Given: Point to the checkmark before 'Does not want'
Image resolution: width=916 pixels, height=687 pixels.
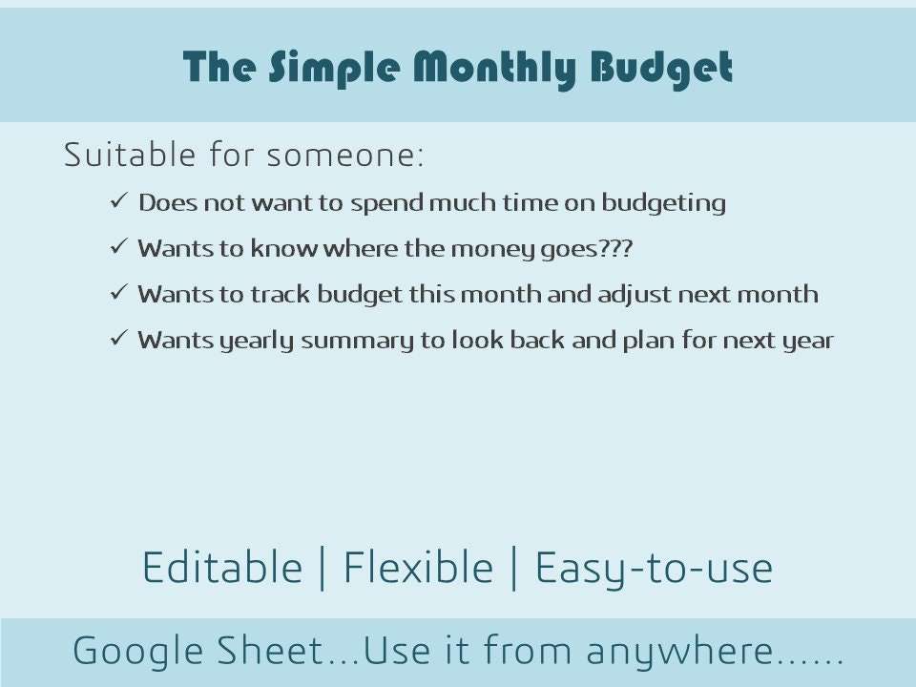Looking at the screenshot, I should click(119, 201).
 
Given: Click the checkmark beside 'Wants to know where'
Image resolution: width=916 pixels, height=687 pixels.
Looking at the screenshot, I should click(119, 247).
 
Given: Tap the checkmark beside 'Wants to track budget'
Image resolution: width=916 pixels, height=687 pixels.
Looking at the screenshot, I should click(119, 293).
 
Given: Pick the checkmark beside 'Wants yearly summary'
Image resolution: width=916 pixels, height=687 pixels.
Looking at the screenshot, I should click(119, 339).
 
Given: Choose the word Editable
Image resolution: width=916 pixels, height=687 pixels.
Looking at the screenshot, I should click(221, 569).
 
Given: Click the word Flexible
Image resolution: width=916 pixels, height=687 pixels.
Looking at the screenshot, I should click(418, 569).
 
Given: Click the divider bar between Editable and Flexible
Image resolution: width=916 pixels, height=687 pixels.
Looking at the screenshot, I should click(322, 569).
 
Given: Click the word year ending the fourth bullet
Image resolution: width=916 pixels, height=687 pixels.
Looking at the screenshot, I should click(808, 341).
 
